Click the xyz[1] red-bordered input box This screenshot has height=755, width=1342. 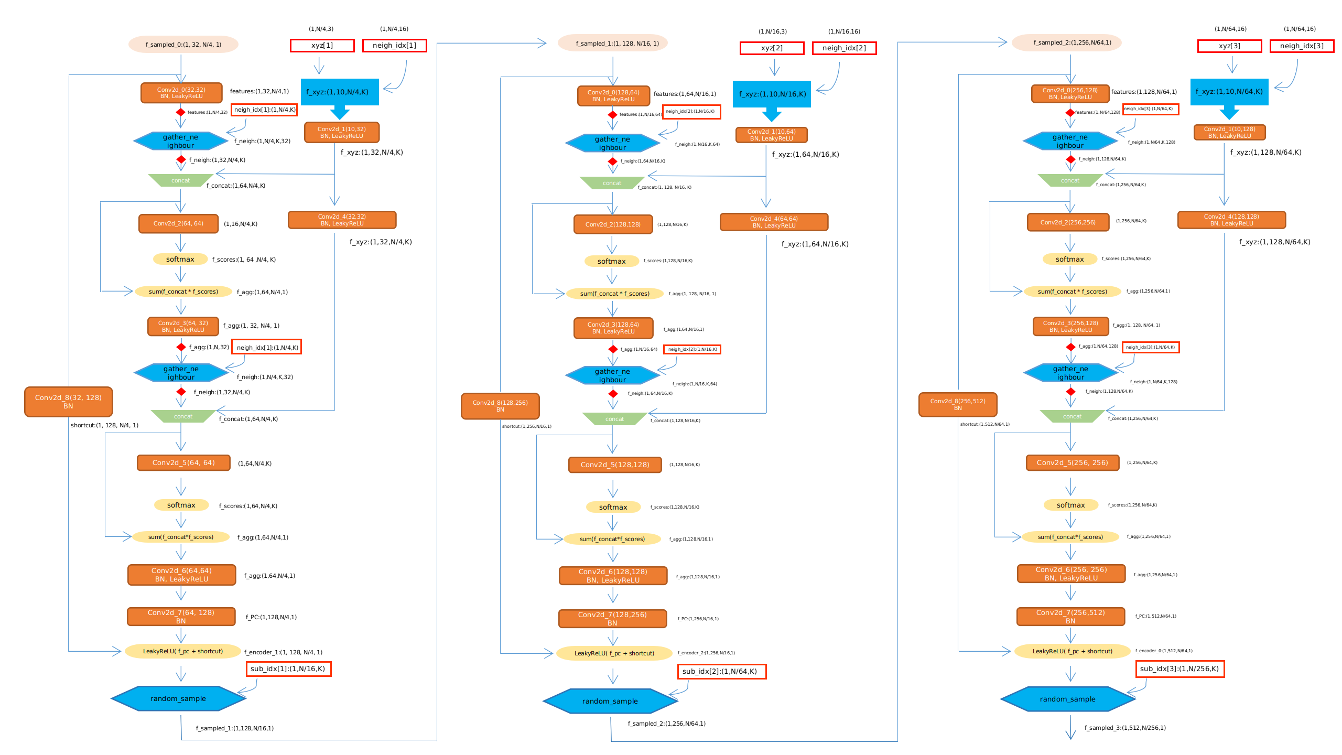[322, 46]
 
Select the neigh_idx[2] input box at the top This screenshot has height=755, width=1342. [844, 48]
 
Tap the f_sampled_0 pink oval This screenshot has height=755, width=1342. [183, 45]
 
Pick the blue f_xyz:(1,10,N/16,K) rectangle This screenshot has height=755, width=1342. [772, 94]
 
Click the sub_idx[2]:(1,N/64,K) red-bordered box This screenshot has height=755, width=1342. [721, 672]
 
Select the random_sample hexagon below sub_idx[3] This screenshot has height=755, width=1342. [1067, 699]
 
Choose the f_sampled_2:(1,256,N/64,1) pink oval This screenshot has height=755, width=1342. [1066, 43]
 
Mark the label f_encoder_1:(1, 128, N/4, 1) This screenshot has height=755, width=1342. [283, 652]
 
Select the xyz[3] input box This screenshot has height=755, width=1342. [1229, 46]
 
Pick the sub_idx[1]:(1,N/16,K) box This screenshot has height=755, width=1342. [288, 669]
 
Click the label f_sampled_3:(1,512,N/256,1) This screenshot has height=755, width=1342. [1125, 728]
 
